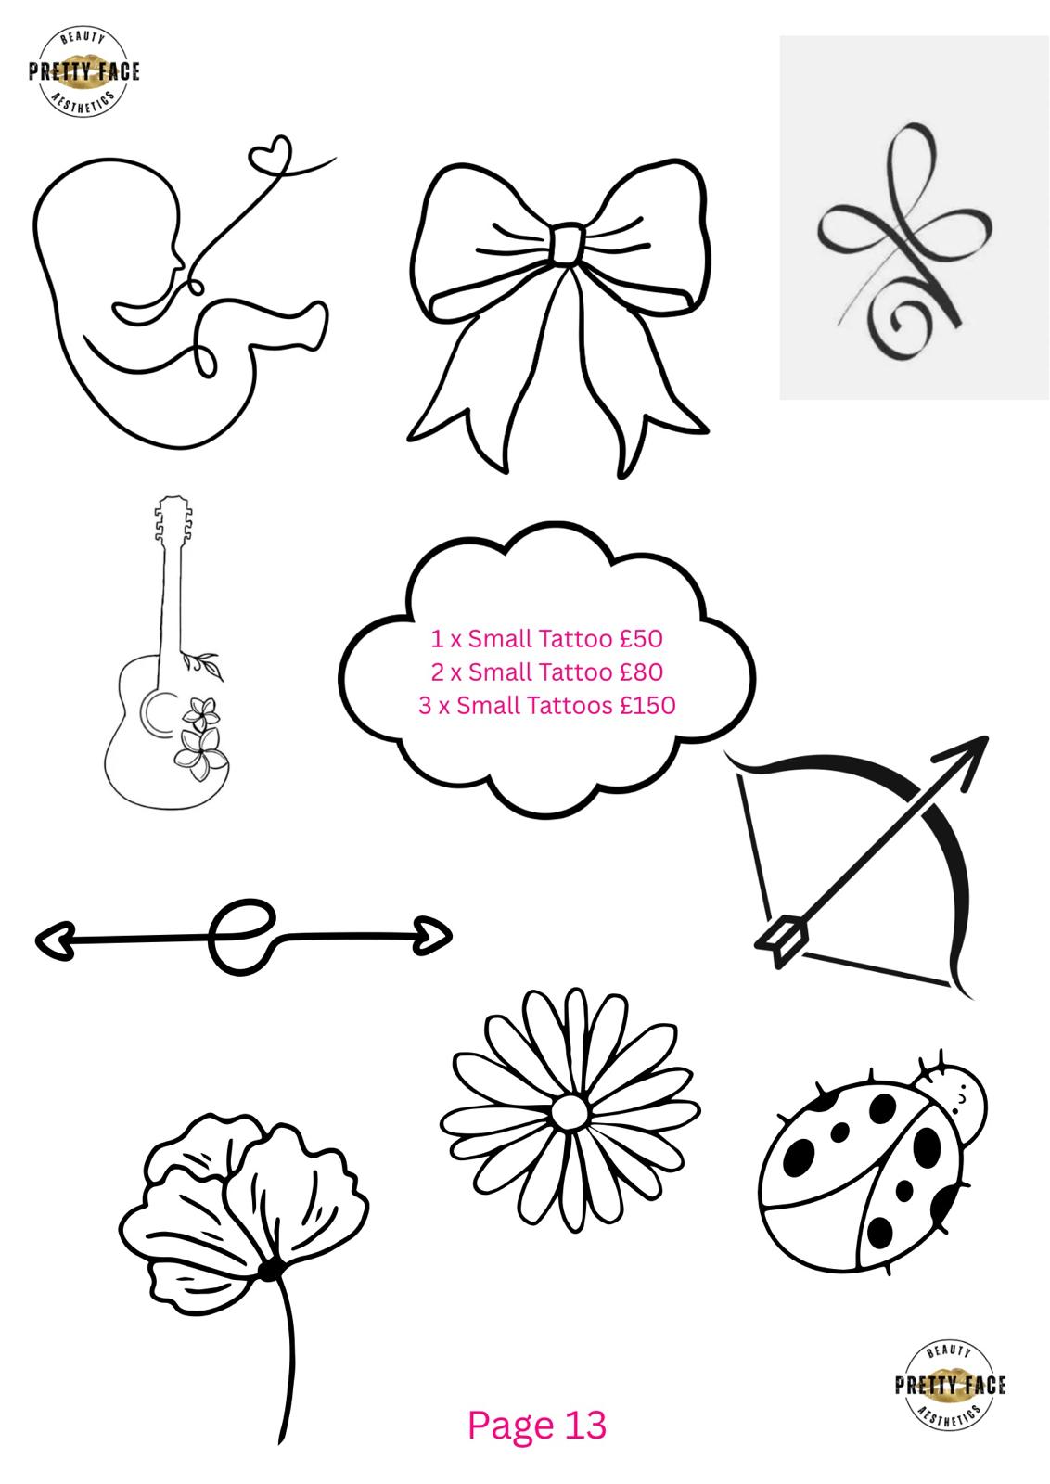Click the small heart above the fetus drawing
point(270,153)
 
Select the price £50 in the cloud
point(641,639)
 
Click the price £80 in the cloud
point(641,672)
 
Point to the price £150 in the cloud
point(647,705)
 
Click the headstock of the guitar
point(173,518)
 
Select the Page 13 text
point(536,1425)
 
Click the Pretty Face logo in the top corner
point(83,72)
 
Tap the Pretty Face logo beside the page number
point(949,1385)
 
